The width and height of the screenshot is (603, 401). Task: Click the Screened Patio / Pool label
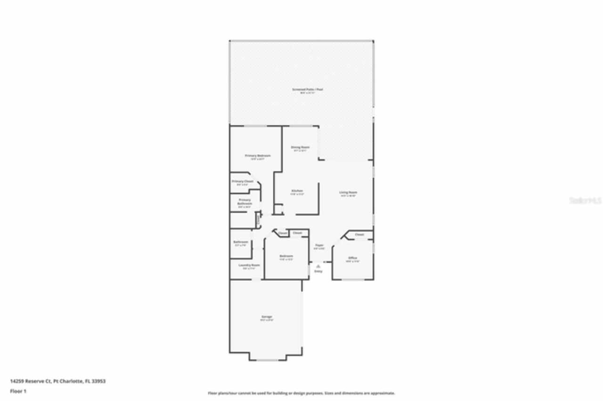(x=301, y=89)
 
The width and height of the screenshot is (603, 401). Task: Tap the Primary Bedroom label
(x=258, y=155)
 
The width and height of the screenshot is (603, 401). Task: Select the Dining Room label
(x=300, y=147)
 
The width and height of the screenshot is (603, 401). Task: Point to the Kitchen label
(x=297, y=191)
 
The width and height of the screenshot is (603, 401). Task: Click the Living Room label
(x=348, y=192)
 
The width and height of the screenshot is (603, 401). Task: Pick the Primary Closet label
(x=243, y=181)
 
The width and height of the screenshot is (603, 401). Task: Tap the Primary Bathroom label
(x=244, y=201)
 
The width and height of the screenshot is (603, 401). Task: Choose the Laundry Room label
(x=249, y=265)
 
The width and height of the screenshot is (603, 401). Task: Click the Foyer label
(x=319, y=245)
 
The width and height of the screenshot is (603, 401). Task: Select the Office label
(x=352, y=258)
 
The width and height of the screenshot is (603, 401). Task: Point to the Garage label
(x=267, y=317)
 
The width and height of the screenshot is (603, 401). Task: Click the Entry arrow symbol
(x=318, y=266)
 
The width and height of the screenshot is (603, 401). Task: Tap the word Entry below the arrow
(x=318, y=271)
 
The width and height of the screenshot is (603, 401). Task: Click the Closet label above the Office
(x=359, y=234)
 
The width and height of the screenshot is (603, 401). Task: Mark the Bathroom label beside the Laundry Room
(x=241, y=242)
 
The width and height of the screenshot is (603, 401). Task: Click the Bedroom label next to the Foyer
(x=286, y=256)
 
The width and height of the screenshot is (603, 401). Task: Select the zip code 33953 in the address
(x=98, y=381)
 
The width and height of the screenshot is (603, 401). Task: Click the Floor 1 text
(x=18, y=391)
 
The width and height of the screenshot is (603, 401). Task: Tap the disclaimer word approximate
(x=384, y=393)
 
